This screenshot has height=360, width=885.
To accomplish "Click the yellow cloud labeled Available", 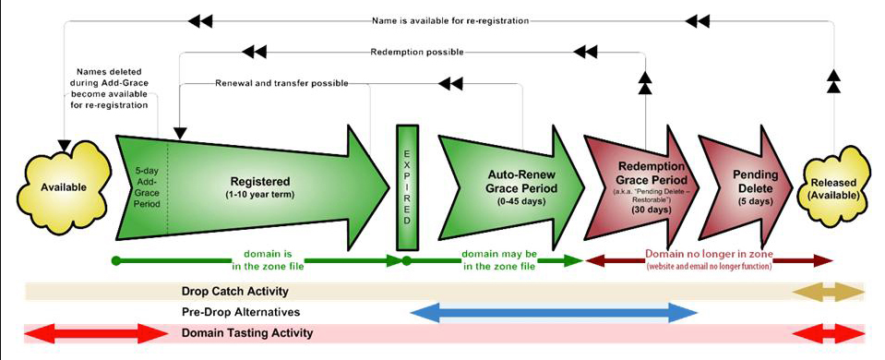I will coord(63,187).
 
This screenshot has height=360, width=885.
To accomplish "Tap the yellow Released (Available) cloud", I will coord(834,187).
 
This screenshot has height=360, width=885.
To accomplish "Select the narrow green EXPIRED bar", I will coord(406,186).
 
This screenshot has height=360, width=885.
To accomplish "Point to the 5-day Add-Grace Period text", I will coord(145,187).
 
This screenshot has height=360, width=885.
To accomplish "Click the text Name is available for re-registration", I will coord(449,19).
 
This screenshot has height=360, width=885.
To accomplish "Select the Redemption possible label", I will coord(416,52).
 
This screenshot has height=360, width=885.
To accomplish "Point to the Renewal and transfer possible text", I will coord(281,83).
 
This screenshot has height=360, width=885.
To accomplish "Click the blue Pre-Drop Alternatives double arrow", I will coord(554,312).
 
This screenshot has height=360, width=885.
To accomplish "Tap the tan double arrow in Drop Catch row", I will coord(830,292).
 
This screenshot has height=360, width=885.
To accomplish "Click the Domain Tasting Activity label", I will coord(246,332).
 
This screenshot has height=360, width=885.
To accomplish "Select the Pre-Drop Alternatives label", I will coord(240,312).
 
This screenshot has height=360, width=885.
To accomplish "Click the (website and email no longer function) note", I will coord(709,266).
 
